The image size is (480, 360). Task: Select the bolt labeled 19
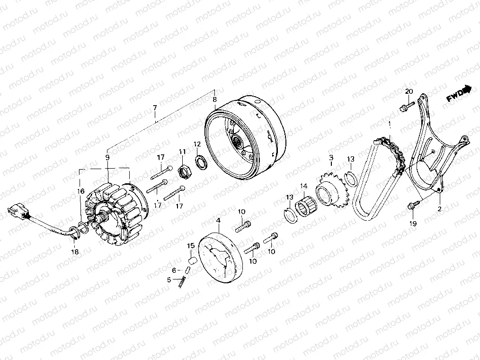[412, 206]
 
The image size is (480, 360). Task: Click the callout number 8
[214, 100]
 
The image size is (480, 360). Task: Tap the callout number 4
[218, 221]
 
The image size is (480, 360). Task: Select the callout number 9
[107, 157]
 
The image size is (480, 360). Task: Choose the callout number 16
[80, 191]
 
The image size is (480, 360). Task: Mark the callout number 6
[174, 270]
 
